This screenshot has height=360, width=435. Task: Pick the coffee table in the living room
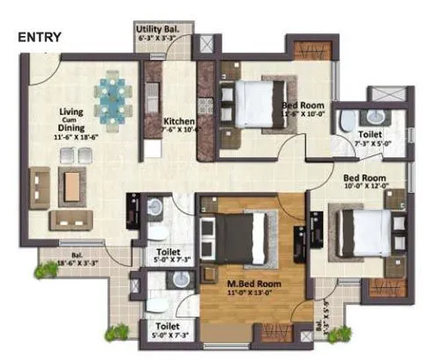click(70, 183)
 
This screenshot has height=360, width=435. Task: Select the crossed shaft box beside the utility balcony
click(207, 45)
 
